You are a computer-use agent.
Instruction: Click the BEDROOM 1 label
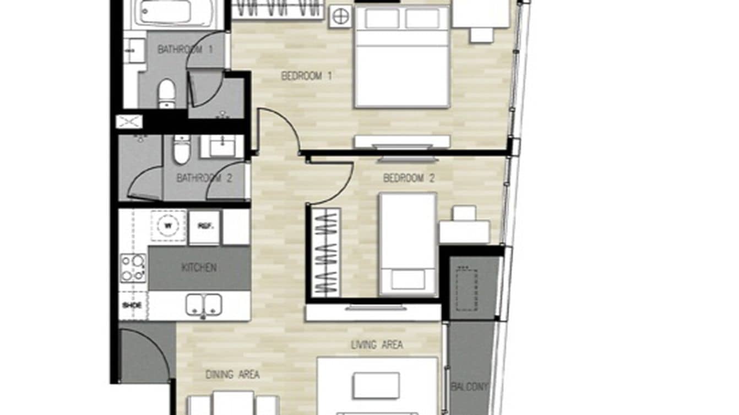306,76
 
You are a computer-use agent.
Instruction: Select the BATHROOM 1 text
185,50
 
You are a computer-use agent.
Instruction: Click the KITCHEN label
199,268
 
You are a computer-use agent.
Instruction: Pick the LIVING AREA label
377,345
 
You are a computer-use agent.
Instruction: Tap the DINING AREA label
232,375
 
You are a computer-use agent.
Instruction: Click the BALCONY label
469,387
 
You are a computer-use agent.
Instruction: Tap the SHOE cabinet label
132,305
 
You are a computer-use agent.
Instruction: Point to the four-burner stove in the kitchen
133,267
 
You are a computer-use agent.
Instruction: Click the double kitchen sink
204,305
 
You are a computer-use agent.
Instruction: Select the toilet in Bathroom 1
167,93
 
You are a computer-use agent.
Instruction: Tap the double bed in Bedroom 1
401,58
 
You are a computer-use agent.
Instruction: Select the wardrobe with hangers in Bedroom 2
325,253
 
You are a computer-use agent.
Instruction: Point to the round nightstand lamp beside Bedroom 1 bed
340,17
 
